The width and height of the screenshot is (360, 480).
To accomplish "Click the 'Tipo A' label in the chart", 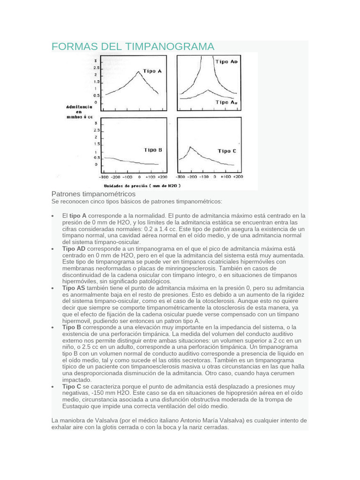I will tap(152, 71).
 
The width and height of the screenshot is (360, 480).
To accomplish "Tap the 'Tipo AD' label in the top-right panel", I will tap(226, 61).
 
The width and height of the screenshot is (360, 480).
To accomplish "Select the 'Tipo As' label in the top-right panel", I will tap(226, 102).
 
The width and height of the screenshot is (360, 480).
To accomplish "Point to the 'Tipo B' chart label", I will tap(153, 150).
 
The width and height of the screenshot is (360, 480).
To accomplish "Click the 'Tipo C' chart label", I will tap(227, 151).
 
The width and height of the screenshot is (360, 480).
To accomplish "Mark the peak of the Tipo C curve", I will tap(190, 147).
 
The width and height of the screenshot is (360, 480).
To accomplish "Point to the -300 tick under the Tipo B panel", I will tap(103, 178).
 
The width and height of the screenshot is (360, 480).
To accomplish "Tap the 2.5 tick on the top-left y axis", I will tap(96, 68).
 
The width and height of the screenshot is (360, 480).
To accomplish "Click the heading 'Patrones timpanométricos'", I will tap(93, 194).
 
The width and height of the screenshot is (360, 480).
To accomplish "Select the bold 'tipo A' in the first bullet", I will tap(78, 216).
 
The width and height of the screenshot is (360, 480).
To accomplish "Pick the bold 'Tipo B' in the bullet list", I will tap(72, 327).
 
